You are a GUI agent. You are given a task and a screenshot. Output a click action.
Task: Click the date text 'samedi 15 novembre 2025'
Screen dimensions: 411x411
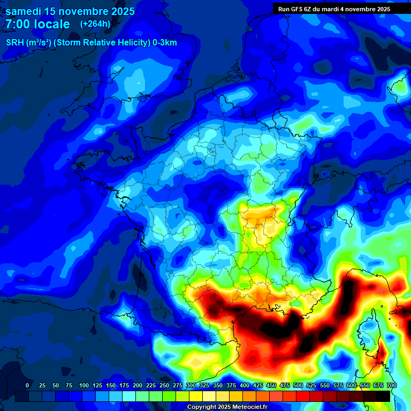[x=70, y=11]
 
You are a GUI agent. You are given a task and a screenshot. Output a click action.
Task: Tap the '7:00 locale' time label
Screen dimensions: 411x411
[x=38, y=24]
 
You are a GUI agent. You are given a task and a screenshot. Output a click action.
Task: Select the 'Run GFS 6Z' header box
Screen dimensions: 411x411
[x=334, y=9]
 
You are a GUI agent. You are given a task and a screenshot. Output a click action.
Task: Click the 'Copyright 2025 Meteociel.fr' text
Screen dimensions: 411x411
[x=226, y=407]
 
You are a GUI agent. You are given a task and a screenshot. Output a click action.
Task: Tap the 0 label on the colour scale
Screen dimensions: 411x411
[x=27, y=386]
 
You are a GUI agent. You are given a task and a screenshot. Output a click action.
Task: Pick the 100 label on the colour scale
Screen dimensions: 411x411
[x=84, y=386]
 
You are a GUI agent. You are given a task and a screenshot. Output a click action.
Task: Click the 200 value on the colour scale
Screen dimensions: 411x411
[x=138, y=386]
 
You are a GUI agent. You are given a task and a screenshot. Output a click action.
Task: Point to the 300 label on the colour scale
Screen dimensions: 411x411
[x=191, y=386]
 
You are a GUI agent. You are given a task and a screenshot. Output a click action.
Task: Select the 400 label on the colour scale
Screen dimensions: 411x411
[x=245, y=386]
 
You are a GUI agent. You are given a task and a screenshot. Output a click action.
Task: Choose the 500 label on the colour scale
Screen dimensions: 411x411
[x=298, y=386]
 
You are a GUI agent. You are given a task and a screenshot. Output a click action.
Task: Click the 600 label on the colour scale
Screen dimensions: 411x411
[x=352, y=386]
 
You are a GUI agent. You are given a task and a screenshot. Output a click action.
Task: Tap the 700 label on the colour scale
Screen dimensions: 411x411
[x=391, y=386]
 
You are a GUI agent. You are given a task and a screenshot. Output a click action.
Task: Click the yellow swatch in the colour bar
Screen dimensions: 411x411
[x=196, y=396]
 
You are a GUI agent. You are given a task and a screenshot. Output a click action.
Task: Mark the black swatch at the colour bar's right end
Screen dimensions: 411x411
[x=383, y=396]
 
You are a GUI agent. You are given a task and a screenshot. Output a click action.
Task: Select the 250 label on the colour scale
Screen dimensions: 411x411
[x=164, y=386]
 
